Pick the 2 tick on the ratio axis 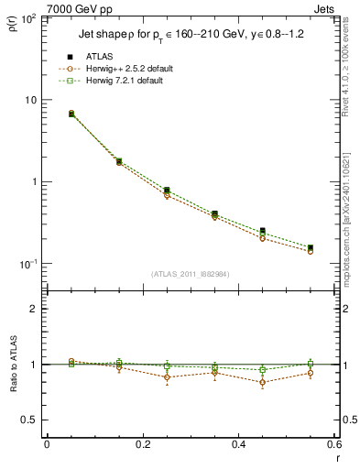(32, 309)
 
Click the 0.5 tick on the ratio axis (27, 420)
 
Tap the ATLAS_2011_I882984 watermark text (190, 274)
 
